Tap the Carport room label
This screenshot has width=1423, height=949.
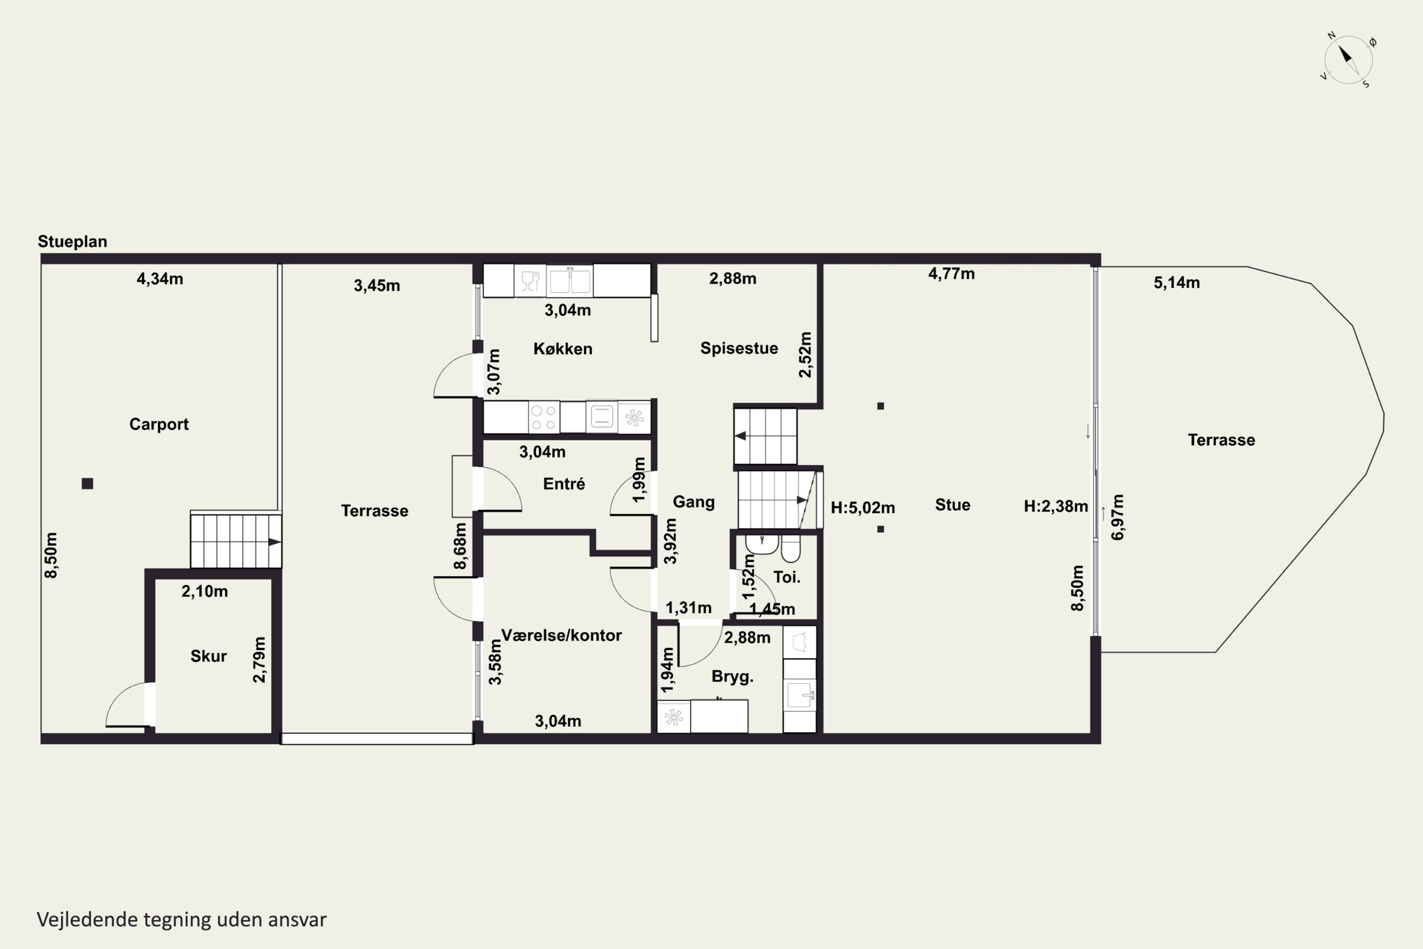[x=159, y=424]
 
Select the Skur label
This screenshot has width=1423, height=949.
[x=209, y=656]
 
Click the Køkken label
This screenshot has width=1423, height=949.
[x=563, y=349]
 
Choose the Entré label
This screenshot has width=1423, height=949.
[x=564, y=484]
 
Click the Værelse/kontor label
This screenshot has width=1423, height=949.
[x=562, y=635]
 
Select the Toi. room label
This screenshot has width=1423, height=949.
[x=786, y=577]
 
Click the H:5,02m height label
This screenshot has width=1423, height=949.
[x=863, y=508]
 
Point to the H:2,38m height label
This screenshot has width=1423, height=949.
[x=1056, y=506]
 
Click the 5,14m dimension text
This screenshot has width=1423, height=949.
[x=1177, y=283]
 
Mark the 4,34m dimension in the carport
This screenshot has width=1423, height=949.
[x=160, y=279]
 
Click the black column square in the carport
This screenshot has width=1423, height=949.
[x=88, y=484]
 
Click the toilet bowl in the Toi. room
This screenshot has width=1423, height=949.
[x=791, y=548]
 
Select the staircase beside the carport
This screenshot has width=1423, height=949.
[x=236, y=540]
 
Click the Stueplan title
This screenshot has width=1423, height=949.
[x=73, y=242]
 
